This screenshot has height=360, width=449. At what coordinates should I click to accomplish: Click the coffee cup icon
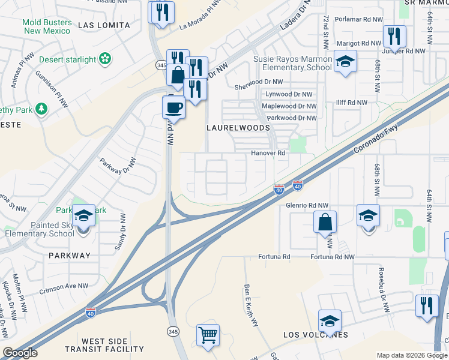[174, 107]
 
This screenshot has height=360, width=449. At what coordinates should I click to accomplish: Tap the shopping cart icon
[208, 335]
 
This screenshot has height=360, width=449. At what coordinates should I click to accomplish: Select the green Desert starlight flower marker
[106, 59]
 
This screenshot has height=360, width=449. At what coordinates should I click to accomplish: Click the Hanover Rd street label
[268, 153]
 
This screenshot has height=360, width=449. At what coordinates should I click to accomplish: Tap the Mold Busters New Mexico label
[47, 26]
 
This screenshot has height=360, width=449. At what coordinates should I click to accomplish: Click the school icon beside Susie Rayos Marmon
[345, 62]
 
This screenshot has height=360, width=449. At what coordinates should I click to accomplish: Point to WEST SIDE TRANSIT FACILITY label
[104, 345]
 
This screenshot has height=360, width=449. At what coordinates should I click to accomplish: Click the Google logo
[20, 353]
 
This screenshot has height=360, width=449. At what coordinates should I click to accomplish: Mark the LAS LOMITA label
[104, 25]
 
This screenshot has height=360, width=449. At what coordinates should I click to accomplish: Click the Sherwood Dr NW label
[258, 82]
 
